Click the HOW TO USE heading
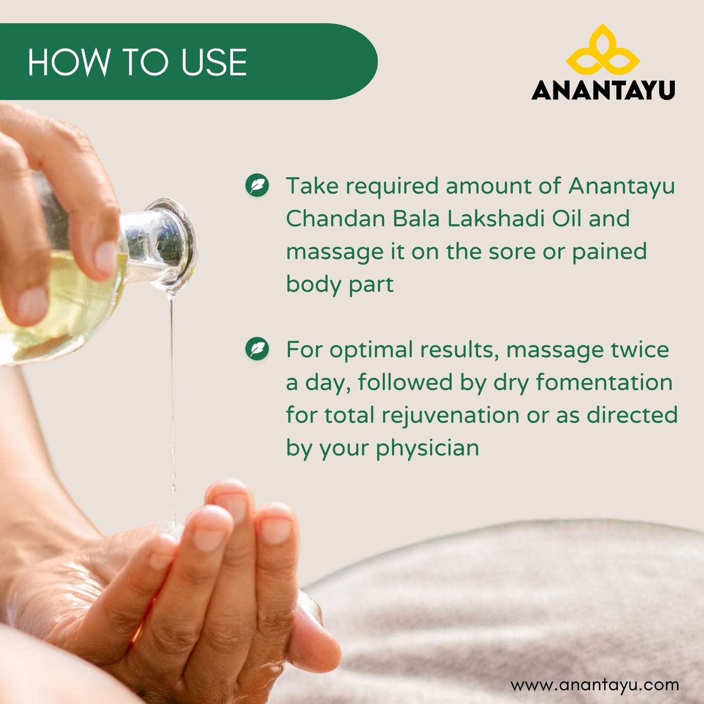(137, 62)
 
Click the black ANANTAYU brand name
(603, 90)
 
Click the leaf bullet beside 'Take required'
(257, 185)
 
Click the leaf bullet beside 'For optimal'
(257, 348)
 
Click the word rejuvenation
(451, 416)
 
